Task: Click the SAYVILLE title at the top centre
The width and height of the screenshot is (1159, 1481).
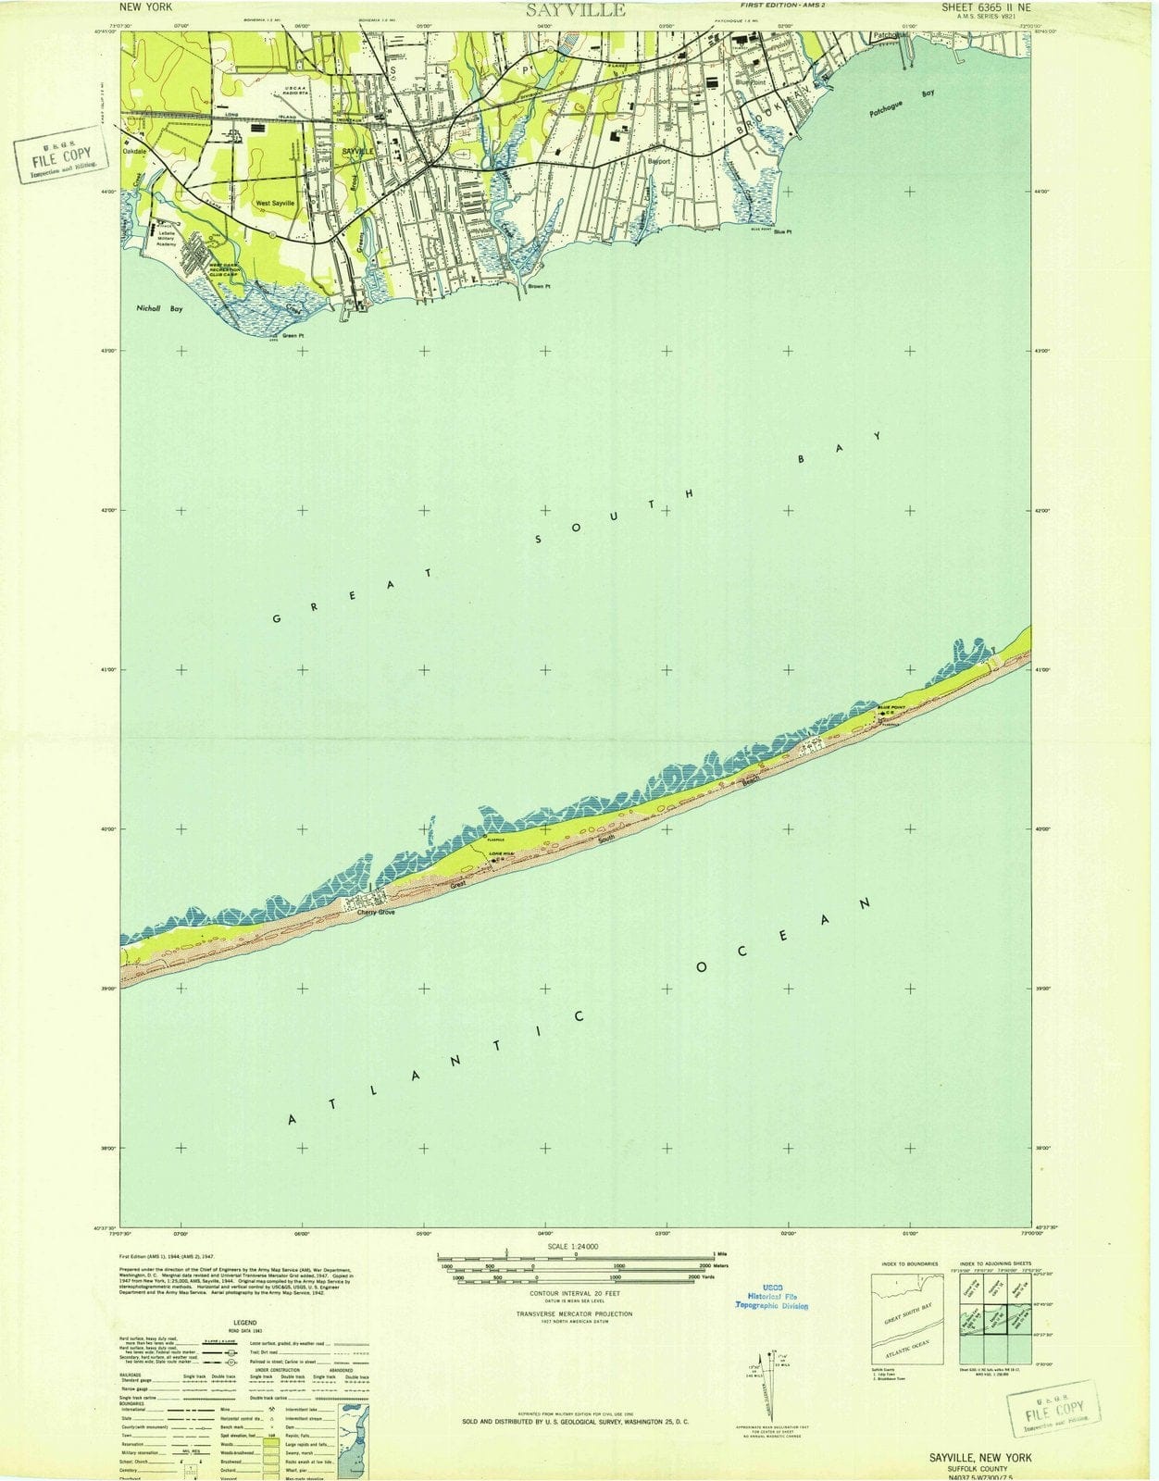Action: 576,10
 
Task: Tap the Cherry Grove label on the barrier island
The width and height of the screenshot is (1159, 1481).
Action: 377,913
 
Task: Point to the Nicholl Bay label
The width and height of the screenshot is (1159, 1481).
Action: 159,309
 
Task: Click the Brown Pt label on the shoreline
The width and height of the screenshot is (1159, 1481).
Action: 539,287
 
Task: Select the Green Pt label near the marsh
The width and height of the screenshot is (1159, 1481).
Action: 293,335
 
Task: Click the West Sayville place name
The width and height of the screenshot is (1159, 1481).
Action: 275,203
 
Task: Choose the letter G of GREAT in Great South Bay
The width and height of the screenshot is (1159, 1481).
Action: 277,617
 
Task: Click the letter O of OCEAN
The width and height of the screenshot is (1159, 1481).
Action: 702,968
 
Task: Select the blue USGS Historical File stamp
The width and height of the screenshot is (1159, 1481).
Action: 772,1297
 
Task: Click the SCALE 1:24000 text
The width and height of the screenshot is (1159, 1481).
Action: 574,1247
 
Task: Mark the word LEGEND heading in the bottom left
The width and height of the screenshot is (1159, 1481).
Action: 244,1324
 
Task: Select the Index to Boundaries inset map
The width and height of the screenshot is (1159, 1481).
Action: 907,1318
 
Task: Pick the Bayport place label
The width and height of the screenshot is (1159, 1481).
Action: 658,161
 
